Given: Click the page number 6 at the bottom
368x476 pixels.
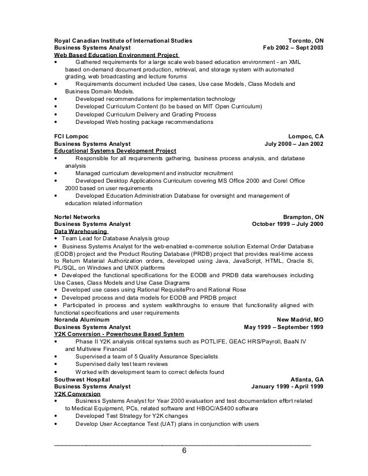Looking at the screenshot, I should pyautogui.click(x=183, y=451).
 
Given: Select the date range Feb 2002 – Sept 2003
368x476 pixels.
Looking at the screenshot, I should pyautogui.click(x=293, y=48).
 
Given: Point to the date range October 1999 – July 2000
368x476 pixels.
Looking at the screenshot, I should pyautogui.click(x=288, y=224).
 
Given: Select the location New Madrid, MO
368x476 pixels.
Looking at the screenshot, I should pyautogui.click(x=300, y=319).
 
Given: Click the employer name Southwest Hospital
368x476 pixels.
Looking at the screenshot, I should pyautogui.click(x=81, y=380).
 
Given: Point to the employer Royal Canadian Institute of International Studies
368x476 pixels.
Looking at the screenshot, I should pyautogui.click(x=123, y=41).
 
